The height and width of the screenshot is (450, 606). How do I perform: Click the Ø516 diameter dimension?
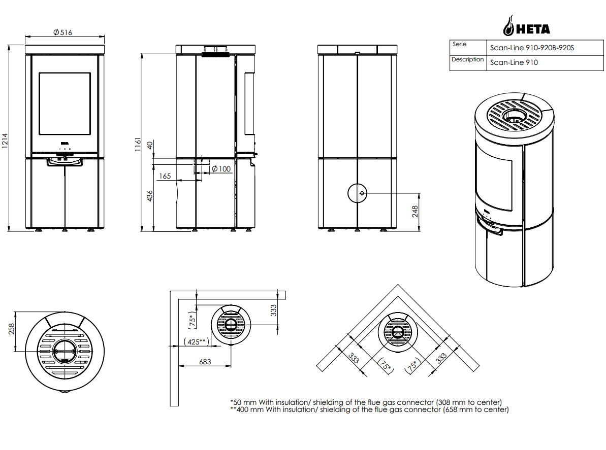(x=62, y=32)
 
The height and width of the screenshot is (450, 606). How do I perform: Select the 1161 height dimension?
(x=137, y=145)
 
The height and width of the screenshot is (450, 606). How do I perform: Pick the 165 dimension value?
(x=165, y=176)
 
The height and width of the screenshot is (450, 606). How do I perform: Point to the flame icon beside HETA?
(x=508, y=25)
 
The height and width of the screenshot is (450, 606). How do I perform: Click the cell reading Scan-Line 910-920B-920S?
(x=532, y=48)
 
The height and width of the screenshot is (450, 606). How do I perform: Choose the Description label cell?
(x=468, y=60)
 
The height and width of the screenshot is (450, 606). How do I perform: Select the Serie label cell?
(x=459, y=45)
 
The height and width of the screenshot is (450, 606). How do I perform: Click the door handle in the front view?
(x=65, y=162)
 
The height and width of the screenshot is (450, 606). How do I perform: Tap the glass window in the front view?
(x=65, y=103)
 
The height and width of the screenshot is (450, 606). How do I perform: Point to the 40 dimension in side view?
(x=149, y=145)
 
